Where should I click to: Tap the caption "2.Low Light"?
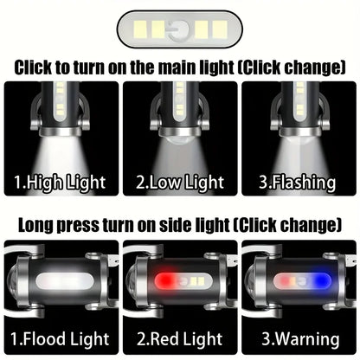click(x=179, y=183)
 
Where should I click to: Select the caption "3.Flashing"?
click(x=300, y=183)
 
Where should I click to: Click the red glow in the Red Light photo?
click(x=162, y=282)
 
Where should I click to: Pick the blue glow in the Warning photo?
click(x=321, y=282)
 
